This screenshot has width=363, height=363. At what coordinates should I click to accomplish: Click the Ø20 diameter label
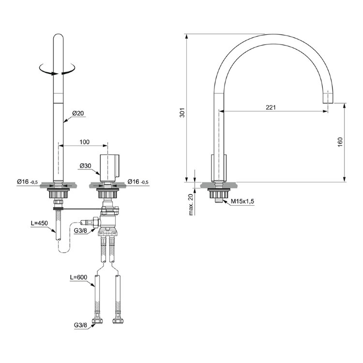click(78, 113)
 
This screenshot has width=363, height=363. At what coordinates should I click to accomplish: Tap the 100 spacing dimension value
click(85, 142)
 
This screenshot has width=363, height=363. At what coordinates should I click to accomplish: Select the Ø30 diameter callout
click(85, 166)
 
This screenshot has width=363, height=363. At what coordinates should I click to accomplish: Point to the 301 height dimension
click(182, 112)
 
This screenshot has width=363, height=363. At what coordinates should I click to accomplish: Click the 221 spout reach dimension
click(271, 107)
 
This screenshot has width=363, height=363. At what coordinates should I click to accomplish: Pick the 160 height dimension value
click(340, 142)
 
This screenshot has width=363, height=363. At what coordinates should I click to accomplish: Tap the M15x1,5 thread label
click(242, 201)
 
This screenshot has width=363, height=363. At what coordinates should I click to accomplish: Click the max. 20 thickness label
click(191, 201)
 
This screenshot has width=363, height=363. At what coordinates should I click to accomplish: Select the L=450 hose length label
click(39, 223)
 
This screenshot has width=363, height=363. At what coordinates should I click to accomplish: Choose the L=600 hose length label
click(79, 277)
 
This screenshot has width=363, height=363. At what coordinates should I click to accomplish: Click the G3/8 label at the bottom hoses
click(80, 325)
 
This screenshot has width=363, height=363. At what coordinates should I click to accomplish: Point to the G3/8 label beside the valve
click(80, 231)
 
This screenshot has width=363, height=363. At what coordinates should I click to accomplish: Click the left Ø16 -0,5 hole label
click(27, 181)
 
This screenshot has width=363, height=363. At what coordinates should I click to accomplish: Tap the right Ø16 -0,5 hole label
click(138, 181)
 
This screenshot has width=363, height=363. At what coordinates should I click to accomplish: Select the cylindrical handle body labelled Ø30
click(110, 167)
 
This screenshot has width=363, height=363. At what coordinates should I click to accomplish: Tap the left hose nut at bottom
click(97, 321)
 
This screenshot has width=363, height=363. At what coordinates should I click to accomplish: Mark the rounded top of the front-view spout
click(58, 37)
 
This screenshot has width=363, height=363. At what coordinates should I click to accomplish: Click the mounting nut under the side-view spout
click(219, 193)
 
